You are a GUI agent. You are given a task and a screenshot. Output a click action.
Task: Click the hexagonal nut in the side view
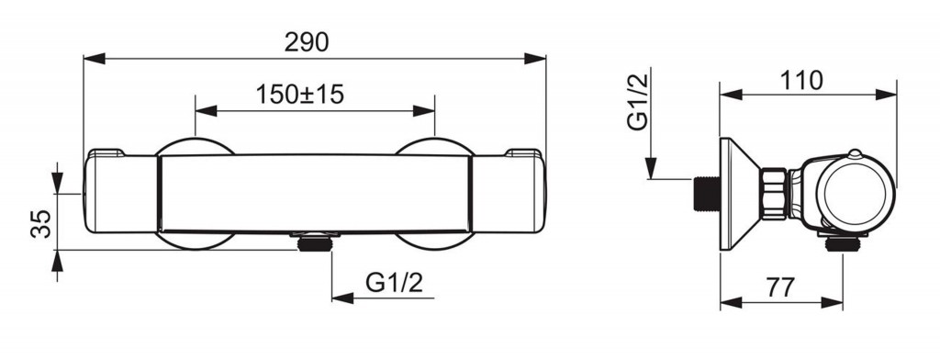tap(774, 194)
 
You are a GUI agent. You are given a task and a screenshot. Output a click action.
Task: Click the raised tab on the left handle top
tap(108, 152)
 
